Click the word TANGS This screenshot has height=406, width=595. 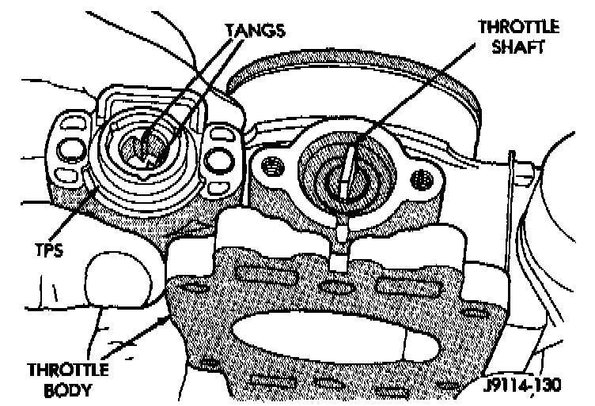point(255,30)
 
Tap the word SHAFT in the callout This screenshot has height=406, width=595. point(519,47)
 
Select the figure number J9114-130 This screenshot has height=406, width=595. point(525,386)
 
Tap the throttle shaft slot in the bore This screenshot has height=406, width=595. point(343,174)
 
